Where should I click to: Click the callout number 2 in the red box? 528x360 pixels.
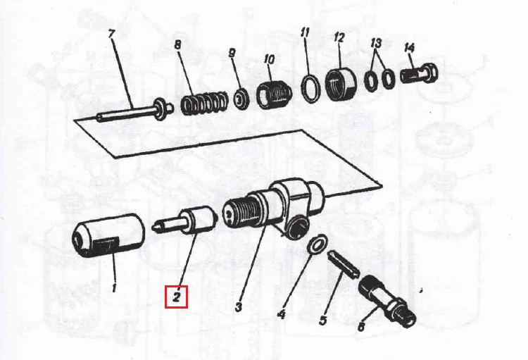176,297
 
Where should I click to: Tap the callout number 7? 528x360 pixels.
111,34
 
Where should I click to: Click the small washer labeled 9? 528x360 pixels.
241,99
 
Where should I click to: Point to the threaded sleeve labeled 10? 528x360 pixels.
274,94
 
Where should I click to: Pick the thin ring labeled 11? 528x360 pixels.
310,87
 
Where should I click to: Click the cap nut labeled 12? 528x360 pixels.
340,84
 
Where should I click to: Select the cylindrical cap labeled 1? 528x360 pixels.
108,236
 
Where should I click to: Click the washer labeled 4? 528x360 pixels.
317,243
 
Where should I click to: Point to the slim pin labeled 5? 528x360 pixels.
343,265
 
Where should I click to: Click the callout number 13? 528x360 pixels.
377,43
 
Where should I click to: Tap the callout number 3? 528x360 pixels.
239,306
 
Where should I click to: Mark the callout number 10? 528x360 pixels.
269,59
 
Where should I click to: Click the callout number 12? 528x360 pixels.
339,37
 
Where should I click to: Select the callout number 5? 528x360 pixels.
322,320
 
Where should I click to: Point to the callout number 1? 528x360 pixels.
113,289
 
